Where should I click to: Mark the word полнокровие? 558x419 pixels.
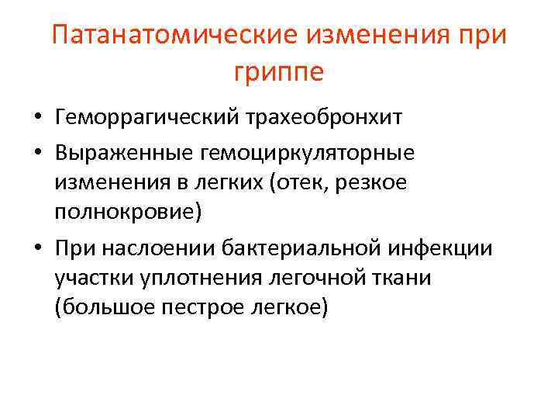pos(126,213)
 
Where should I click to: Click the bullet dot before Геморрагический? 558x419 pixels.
pos(37,119)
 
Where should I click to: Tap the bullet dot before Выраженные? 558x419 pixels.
pos(37,152)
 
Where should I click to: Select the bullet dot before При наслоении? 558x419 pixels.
pos(37,248)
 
